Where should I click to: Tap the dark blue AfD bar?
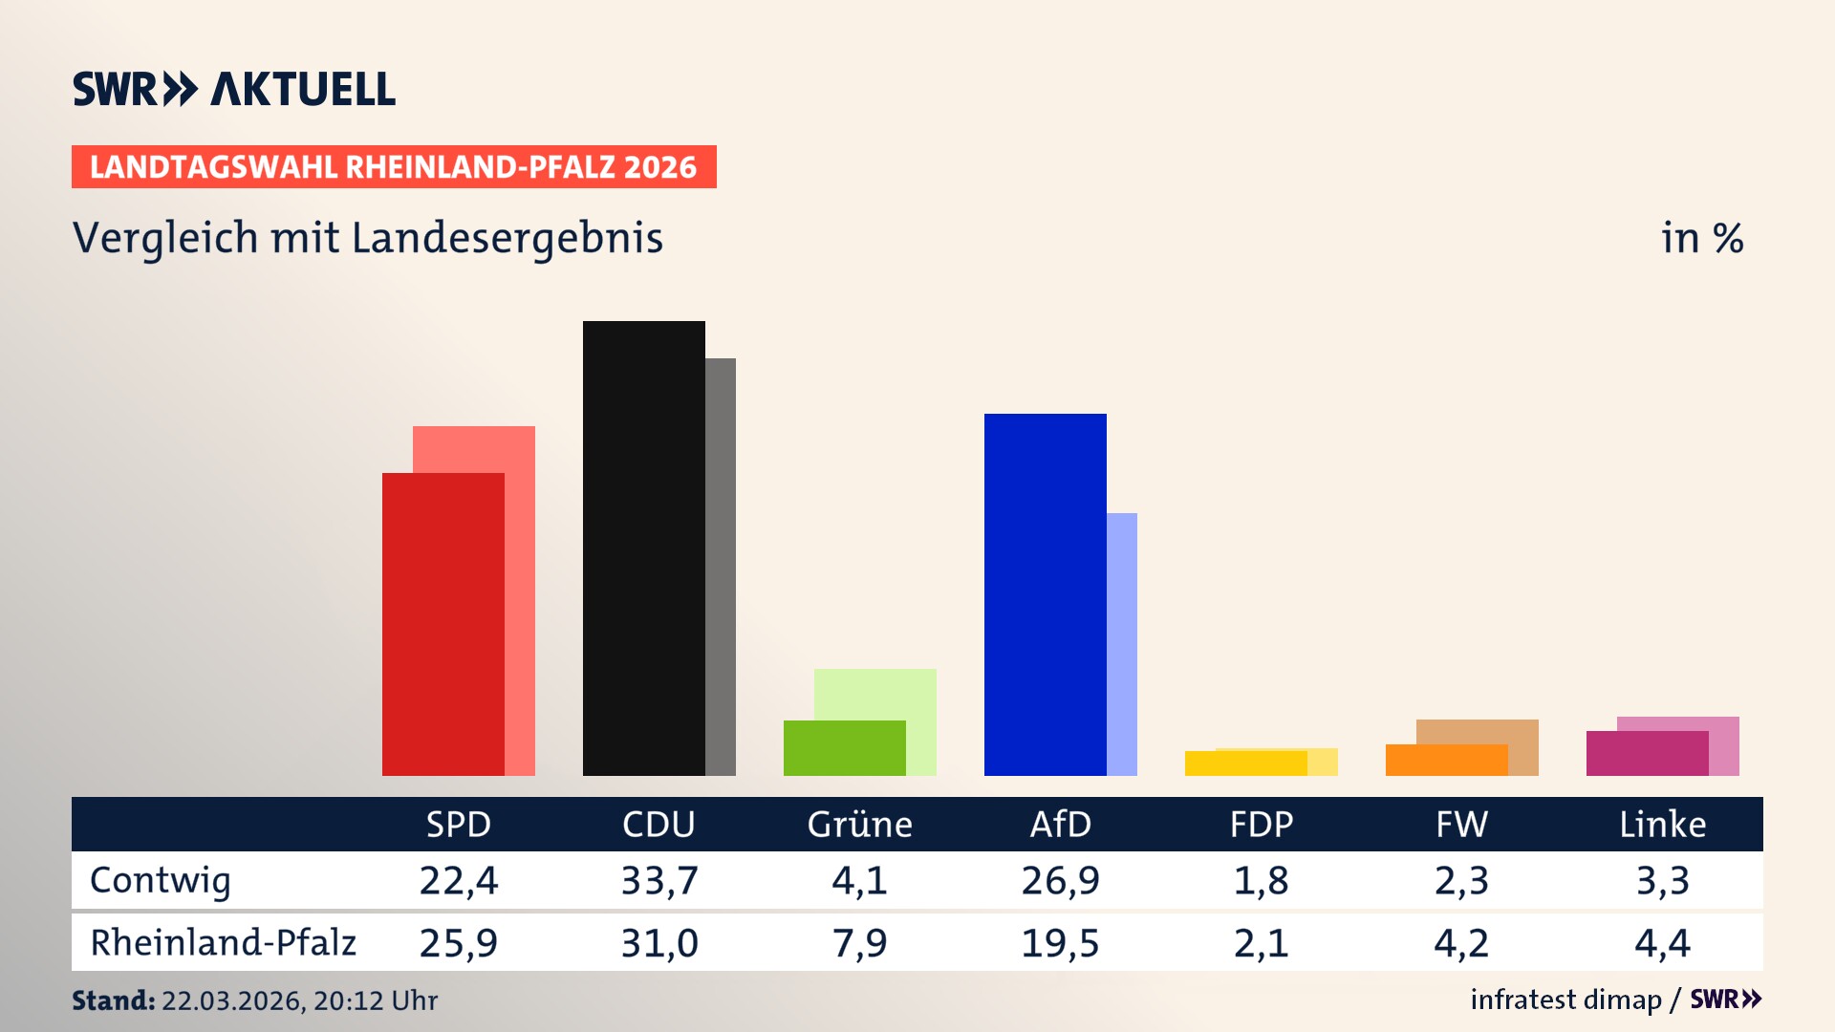(1045, 594)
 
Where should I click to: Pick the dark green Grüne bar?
(844, 748)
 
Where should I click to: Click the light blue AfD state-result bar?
(1122, 644)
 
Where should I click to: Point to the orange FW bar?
(1446, 761)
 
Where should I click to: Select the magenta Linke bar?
(1647, 754)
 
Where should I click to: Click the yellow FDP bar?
(1245, 763)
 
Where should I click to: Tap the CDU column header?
(658, 825)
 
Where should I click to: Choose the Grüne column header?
(859, 825)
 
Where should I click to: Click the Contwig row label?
(161, 880)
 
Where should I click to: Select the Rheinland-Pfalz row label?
(223, 943)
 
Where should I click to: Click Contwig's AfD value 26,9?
(1060, 880)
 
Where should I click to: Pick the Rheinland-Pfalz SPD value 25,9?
(458, 943)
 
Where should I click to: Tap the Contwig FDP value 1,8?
(1261, 880)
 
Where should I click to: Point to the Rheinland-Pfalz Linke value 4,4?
(1662, 943)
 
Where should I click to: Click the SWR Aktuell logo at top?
(234, 89)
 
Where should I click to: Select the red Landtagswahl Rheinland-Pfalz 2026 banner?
(394, 167)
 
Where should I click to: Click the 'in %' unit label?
(1701, 238)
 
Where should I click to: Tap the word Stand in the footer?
(113, 1000)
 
